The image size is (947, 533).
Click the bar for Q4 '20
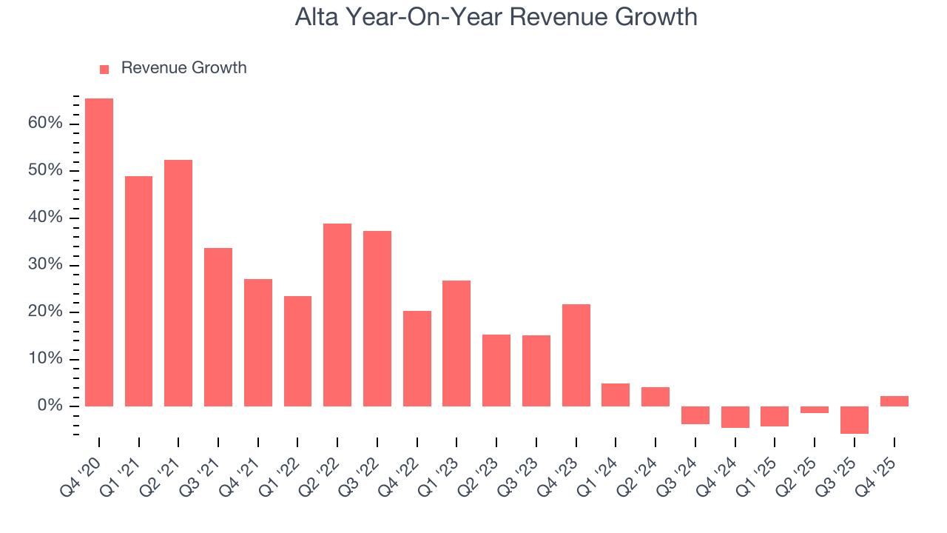(99, 252)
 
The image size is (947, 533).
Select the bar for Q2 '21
(178, 283)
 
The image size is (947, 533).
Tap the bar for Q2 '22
(337, 315)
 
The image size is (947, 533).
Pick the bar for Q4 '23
(576, 355)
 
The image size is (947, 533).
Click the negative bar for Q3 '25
(855, 420)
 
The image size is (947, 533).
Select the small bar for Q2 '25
(815, 409)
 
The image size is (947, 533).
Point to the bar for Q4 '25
(894, 401)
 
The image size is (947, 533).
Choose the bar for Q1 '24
(616, 395)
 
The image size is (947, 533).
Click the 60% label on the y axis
(46, 123)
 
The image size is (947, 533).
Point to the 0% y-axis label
(50, 406)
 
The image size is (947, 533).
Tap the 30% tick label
(46, 265)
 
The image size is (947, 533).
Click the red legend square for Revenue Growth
(104, 69)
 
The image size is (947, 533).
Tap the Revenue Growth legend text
(183, 68)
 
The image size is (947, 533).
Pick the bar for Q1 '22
(297, 351)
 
